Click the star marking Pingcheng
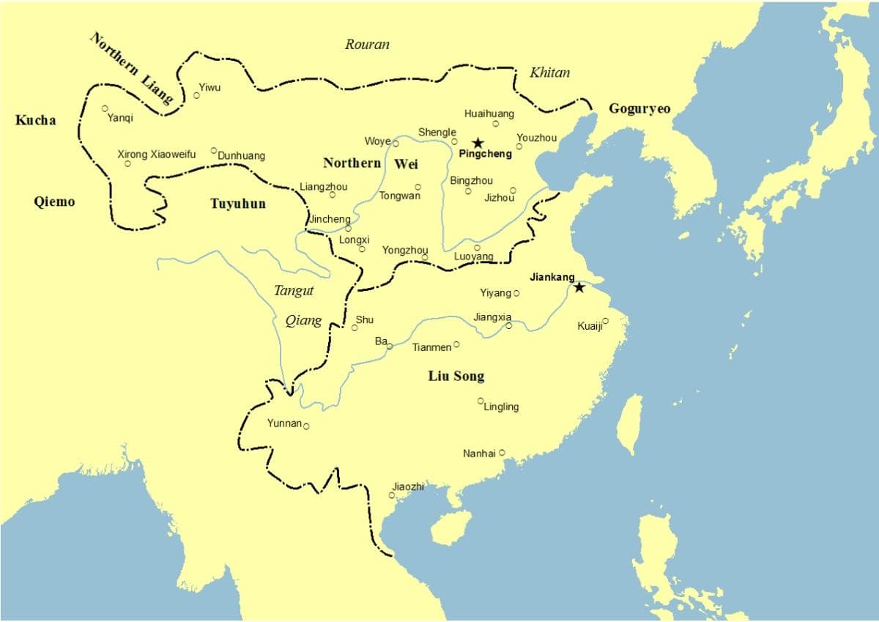478,143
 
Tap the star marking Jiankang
579,287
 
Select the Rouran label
367,45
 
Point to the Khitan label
549,72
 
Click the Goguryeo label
639,109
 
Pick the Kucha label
35,120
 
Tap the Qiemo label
54,201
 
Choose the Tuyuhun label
238,204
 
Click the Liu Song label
456,376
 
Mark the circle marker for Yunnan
306,426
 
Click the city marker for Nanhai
502,453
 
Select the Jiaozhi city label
408,487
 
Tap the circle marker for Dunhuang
214,151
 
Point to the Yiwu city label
209,88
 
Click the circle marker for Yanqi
105,108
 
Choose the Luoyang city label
473,256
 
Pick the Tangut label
293,291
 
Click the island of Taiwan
629,425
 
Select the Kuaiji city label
589,326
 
